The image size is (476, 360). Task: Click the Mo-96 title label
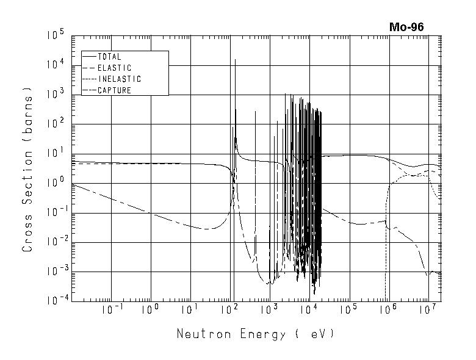pyautogui.click(x=406, y=27)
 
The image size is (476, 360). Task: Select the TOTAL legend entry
pyautogui.click(x=109, y=57)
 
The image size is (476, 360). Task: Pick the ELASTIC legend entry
pyautogui.click(x=114, y=68)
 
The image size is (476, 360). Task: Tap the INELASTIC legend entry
pyautogui.click(x=119, y=79)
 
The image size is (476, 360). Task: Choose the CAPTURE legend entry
pyautogui.click(x=114, y=90)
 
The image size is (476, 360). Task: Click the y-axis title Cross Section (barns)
pyautogui.click(x=27, y=170)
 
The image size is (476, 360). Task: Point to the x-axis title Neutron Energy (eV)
pyautogui.click(x=256, y=334)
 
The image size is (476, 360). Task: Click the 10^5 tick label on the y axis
pyautogui.click(x=55, y=35)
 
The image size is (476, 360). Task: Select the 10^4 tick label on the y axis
pyautogui.click(x=55, y=65)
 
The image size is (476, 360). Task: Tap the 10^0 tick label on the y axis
pyautogui.click(x=55, y=183)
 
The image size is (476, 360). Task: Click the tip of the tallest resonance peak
pyautogui.click(x=235, y=60)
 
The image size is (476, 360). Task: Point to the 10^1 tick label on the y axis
pyautogui.click(x=55, y=154)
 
